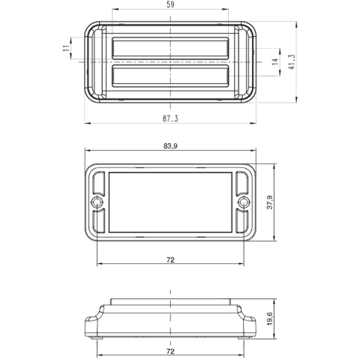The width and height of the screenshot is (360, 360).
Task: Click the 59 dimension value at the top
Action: [170, 5]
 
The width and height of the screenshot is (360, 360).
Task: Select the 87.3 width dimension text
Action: [170, 118]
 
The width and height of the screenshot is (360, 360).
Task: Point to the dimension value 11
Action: [66, 49]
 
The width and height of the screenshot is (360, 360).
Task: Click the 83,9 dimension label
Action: [170, 146]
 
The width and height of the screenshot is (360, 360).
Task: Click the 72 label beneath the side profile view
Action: [170, 350]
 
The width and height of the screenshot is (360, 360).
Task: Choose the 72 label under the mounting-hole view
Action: [170, 259]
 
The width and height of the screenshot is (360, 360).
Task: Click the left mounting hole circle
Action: [97, 203]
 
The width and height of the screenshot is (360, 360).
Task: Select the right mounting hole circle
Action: [242, 203]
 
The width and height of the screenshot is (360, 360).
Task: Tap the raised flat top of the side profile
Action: [170, 301]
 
